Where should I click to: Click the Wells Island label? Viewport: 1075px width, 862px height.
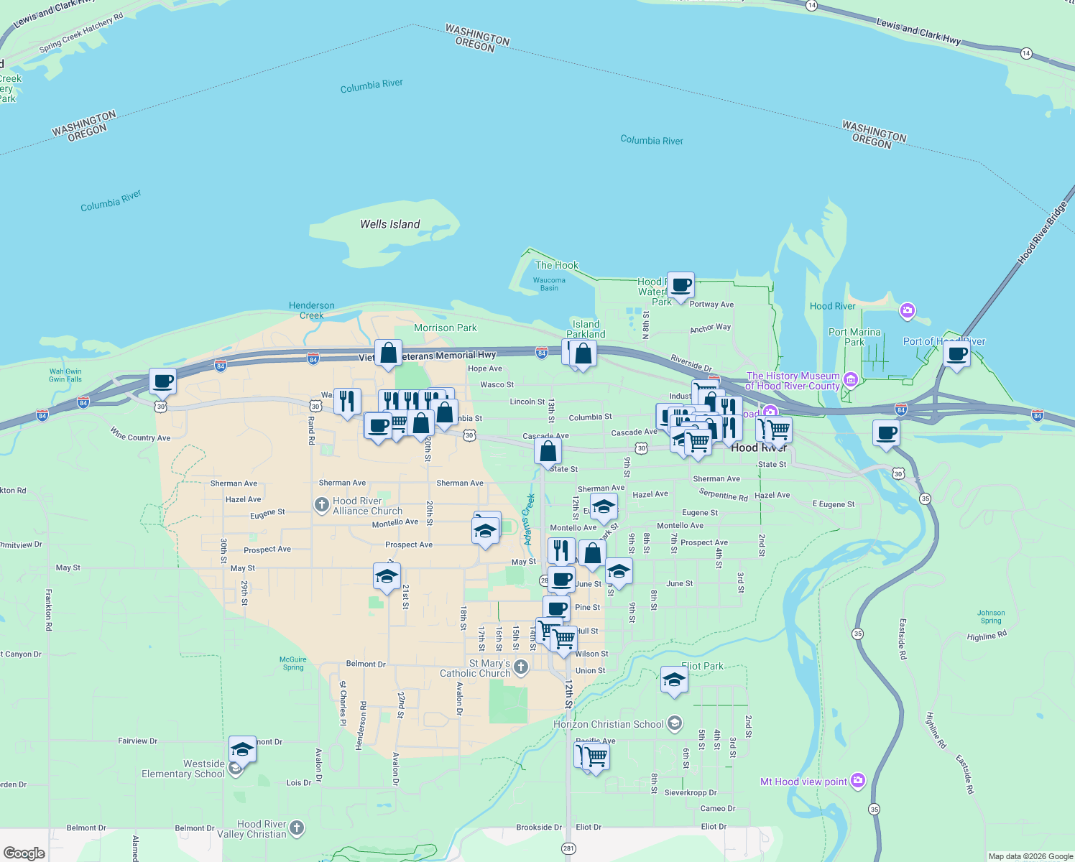point(390,224)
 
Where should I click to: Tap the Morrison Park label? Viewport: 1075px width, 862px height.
point(446,328)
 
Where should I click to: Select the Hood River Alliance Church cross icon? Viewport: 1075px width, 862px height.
point(322,505)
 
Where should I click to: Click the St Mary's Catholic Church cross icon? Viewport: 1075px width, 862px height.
point(521,667)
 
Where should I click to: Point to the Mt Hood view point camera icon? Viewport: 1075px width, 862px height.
point(857,781)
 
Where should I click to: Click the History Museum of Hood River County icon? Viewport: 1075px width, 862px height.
point(850,379)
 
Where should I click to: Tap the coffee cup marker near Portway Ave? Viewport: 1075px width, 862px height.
point(680,286)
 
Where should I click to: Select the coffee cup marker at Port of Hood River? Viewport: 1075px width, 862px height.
point(956,354)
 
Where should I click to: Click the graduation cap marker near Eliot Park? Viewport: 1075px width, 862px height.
point(674,680)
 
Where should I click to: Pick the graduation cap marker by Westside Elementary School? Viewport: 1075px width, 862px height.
point(242,750)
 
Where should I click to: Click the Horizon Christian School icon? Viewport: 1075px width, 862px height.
point(675,723)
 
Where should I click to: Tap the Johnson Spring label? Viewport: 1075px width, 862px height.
point(991,616)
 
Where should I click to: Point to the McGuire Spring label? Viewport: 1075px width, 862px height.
point(293,663)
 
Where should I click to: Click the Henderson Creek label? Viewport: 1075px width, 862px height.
point(312,310)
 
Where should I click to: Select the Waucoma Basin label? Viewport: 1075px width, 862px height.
point(549,284)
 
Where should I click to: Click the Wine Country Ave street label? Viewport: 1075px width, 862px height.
point(140,434)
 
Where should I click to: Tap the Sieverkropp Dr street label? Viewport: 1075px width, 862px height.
point(691,792)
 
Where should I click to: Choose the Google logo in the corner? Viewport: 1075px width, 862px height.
point(24,853)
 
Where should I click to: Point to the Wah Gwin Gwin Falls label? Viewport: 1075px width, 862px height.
point(65,375)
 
